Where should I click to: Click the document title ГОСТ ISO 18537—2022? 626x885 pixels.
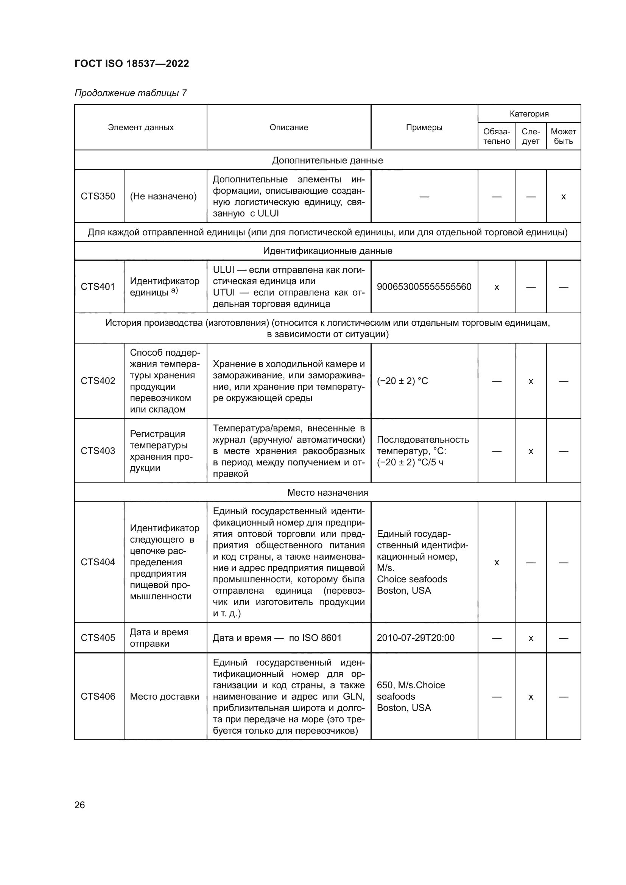131,64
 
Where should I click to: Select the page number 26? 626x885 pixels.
80,805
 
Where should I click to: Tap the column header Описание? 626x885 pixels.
289,128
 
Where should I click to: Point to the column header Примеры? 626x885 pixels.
424,128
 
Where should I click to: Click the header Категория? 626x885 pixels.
529,114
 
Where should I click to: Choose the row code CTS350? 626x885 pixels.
98,196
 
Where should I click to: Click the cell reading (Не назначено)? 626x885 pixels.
164,196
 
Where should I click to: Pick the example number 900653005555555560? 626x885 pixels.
424,287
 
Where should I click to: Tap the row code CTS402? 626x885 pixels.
98,381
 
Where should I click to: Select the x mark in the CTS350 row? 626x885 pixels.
563,197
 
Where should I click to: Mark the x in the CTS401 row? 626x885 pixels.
497,287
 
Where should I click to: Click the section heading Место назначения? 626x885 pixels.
328,493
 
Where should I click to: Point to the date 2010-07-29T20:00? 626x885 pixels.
416,638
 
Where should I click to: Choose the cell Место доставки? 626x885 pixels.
165,697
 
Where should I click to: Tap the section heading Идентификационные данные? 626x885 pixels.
328,251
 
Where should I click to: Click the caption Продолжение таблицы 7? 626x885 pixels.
131,93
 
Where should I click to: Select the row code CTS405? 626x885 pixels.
98,638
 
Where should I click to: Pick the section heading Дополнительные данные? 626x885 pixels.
328,160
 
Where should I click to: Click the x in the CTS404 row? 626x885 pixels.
497,563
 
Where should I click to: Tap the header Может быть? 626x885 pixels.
563,137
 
